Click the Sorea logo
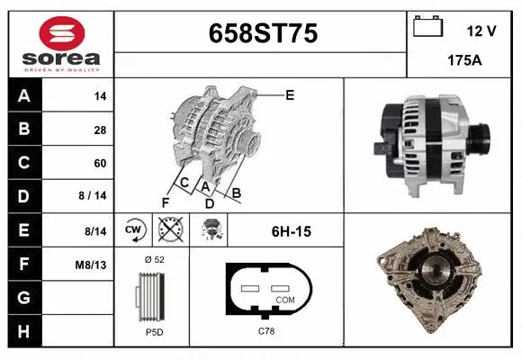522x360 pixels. click(60, 43)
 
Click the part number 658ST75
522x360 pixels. click(263, 35)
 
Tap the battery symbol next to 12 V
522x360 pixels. click(427, 27)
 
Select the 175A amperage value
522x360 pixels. click(463, 60)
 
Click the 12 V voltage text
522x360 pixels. click(481, 31)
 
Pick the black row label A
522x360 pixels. click(24, 96)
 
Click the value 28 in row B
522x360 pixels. click(100, 130)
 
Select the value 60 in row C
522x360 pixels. click(100, 163)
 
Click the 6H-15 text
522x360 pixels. click(291, 231)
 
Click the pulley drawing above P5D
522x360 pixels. click(151, 296)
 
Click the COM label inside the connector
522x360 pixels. click(285, 300)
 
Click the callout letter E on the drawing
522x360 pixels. click(289, 94)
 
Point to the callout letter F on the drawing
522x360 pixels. click(166, 202)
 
